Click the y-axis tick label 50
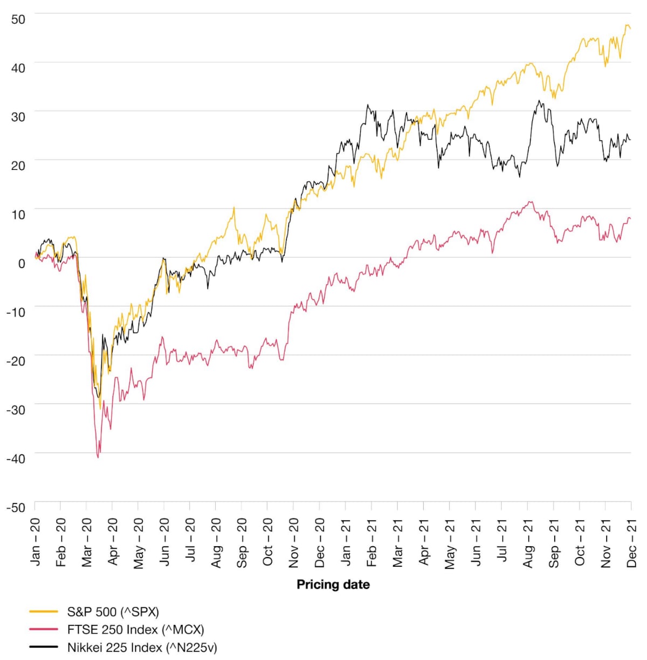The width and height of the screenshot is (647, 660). pyautogui.click(x=18, y=19)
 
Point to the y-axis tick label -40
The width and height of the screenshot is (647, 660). pyautogui.click(x=16, y=459)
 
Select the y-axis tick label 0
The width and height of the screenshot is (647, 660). pyautogui.click(x=22, y=264)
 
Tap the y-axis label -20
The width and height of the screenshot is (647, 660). pyautogui.click(x=16, y=361)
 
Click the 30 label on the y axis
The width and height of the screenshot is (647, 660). pyautogui.click(x=18, y=117)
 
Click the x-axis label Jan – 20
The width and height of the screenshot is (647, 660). pyautogui.click(x=36, y=542)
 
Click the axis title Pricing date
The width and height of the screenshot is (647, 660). pyautogui.click(x=333, y=585)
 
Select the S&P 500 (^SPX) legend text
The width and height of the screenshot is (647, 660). pyautogui.click(x=113, y=612)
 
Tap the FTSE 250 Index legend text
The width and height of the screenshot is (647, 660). pyautogui.click(x=135, y=630)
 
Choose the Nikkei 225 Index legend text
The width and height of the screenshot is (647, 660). pyautogui.click(x=142, y=647)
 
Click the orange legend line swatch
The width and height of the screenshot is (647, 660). pyautogui.click(x=44, y=612)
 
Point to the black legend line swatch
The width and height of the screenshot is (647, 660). pyautogui.click(x=44, y=647)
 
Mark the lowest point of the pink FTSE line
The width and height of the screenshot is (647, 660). pyautogui.click(x=98, y=457)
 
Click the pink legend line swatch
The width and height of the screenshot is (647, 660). pyautogui.click(x=44, y=629)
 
